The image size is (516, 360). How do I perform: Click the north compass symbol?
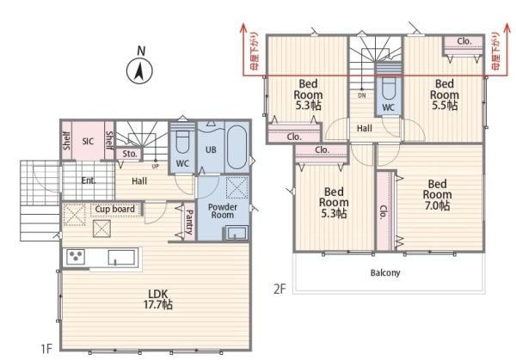[x=139, y=66]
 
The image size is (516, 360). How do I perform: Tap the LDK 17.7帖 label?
[x=158, y=299]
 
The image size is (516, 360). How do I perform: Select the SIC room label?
[x=88, y=142]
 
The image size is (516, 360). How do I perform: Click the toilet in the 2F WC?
[x=389, y=88]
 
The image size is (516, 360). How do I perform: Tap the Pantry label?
[x=189, y=223]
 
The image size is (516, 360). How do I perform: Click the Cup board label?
[x=115, y=209]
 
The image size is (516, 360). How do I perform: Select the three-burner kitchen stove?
[x=76, y=256]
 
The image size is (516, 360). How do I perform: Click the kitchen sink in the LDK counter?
[x=121, y=257]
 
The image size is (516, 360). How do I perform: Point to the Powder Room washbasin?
[x=236, y=233]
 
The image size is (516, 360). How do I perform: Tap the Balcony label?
[x=385, y=272]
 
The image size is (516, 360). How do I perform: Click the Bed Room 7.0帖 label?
[x=437, y=195]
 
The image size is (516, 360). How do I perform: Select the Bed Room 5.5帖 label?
[x=445, y=95]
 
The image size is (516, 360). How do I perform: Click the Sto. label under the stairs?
[x=130, y=154]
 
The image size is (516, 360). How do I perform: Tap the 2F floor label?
[x=279, y=289]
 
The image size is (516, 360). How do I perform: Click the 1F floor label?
[x=46, y=349]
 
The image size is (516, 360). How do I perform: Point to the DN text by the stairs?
[x=362, y=95]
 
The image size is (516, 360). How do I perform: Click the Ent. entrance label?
[x=89, y=180]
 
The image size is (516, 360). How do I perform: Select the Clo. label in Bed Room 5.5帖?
[x=464, y=41]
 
